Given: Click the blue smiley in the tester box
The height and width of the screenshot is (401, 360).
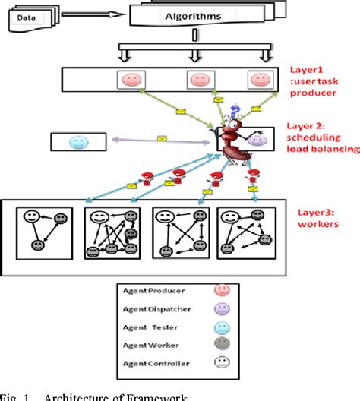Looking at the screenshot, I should [78, 142].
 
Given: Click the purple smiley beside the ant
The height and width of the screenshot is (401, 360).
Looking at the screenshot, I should [257, 141].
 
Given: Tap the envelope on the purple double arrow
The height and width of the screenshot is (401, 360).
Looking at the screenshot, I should [161, 139].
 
